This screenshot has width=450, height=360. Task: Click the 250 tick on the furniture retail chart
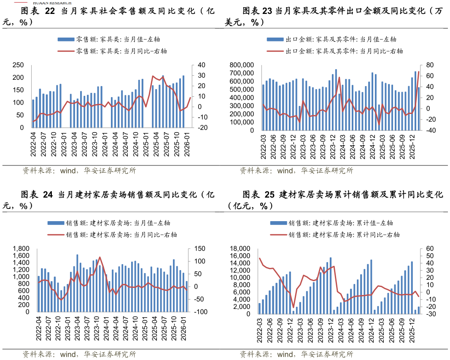(x=17, y=65)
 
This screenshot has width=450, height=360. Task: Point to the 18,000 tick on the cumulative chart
(x=240, y=249)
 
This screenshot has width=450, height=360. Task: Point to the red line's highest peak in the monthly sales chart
(x=100, y=257)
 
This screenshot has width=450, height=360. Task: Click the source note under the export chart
(x=296, y=171)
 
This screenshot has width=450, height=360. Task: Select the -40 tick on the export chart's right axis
(x=430, y=130)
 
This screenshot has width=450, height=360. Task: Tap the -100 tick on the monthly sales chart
(x=199, y=312)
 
